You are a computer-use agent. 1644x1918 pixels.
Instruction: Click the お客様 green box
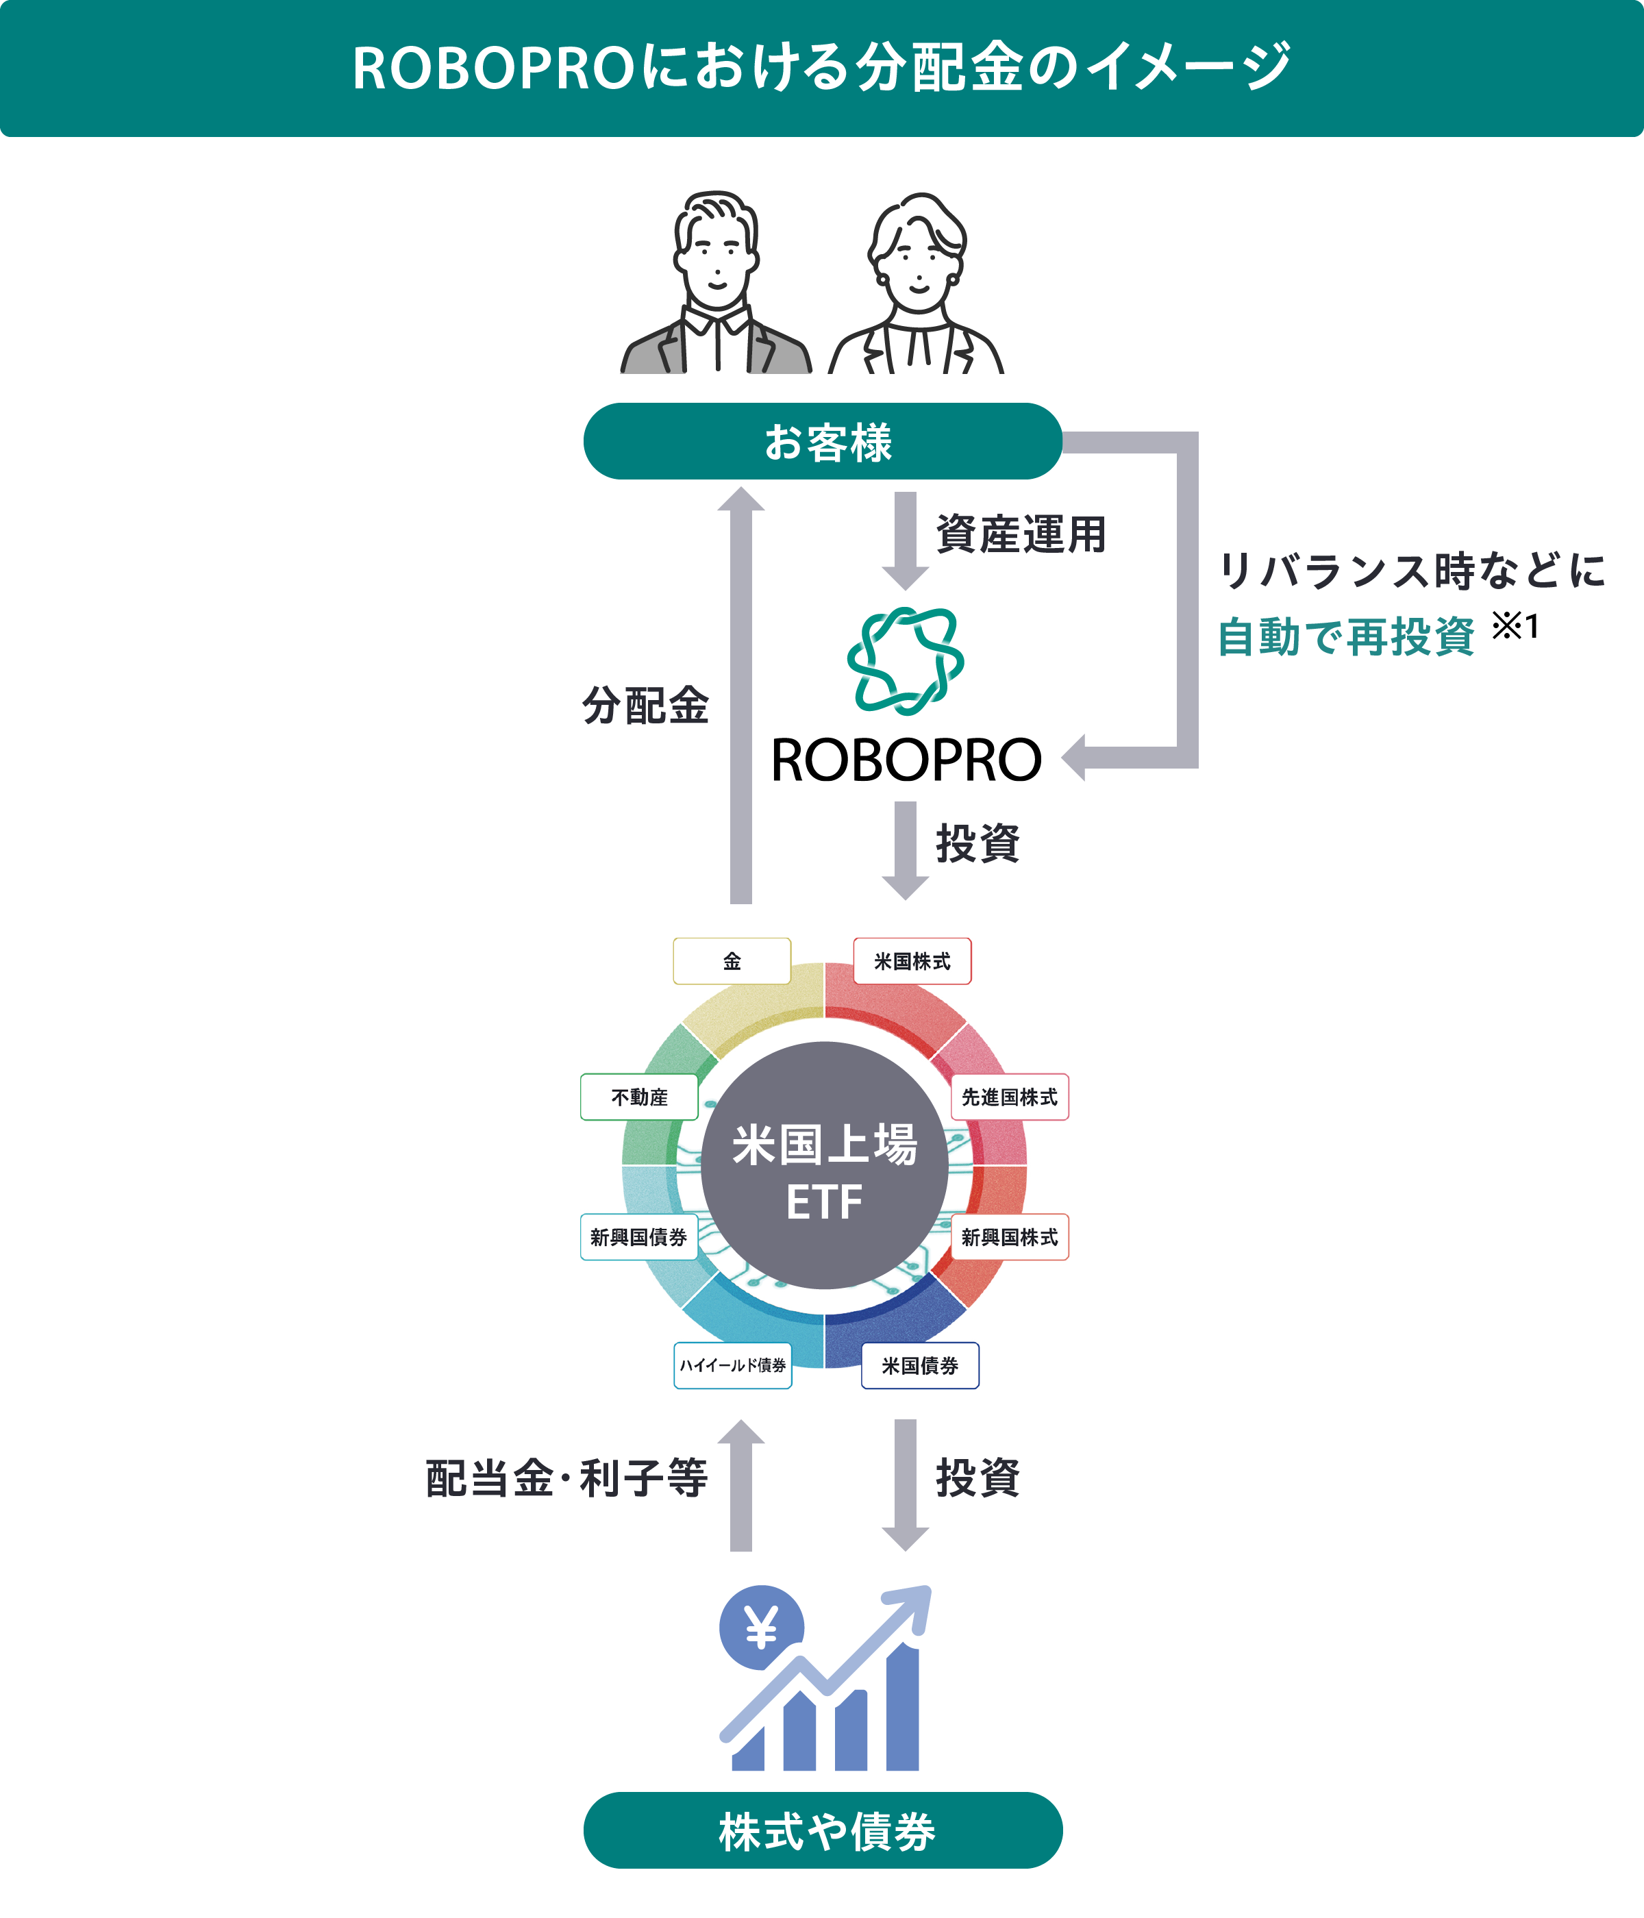pos(822,442)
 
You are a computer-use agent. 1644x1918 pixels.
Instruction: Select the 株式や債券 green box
pos(822,1830)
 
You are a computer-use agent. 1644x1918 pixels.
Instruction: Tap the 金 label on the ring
pos(732,961)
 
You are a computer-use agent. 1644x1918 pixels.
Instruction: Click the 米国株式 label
pos(912,961)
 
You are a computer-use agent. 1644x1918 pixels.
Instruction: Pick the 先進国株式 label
pos(1009,1097)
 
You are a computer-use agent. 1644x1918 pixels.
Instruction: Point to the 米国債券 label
pos(919,1365)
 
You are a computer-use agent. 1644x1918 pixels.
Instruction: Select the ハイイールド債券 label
pos(732,1365)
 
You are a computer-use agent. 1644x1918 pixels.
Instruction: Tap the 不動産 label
pos(638,1097)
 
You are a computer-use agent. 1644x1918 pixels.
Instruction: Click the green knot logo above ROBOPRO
pos(906,660)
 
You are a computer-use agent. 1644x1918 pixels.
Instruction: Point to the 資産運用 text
pos(1021,534)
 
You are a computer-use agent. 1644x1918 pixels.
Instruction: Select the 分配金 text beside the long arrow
pos(645,706)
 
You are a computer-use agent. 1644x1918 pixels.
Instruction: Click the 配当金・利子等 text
pos(566,1478)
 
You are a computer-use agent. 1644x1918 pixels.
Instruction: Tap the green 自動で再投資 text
pos(1345,637)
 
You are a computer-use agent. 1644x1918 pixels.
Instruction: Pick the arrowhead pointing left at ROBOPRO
pos(1074,757)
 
